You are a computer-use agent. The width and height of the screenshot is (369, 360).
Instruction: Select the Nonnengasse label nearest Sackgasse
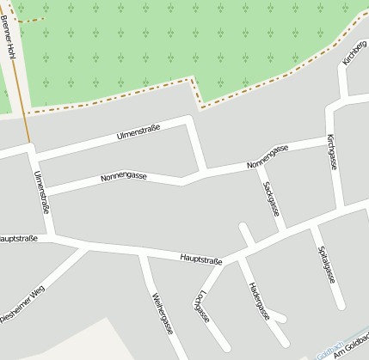[x=267, y=156]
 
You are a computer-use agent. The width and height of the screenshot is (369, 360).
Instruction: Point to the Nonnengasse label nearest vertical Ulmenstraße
[x=123, y=176]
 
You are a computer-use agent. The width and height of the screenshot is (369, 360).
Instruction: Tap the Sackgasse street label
[x=271, y=198]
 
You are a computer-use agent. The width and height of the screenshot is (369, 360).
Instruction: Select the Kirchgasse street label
[x=331, y=151]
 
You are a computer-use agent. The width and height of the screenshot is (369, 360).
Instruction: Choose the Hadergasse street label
[x=258, y=300]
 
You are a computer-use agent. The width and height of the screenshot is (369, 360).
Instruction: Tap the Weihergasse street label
[x=163, y=314]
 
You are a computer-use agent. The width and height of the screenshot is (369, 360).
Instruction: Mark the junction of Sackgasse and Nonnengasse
[x=259, y=165]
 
